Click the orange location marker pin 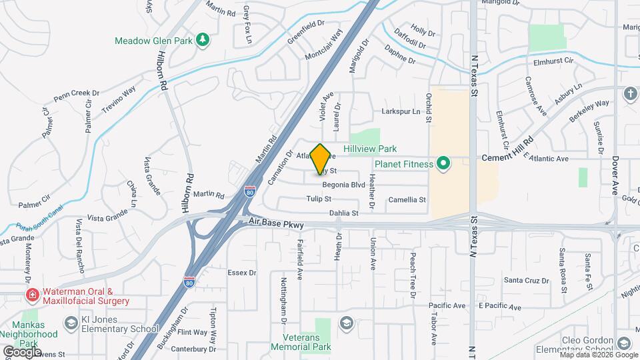[321, 159]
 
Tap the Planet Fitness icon [441, 163]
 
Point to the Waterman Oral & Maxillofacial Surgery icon [31, 295]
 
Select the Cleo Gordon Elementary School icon [623, 343]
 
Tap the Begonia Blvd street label [343, 185]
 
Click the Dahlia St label [344, 213]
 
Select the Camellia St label [407, 199]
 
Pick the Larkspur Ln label [401, 111]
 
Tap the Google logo [21, 351]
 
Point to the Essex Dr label [242, 273]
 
